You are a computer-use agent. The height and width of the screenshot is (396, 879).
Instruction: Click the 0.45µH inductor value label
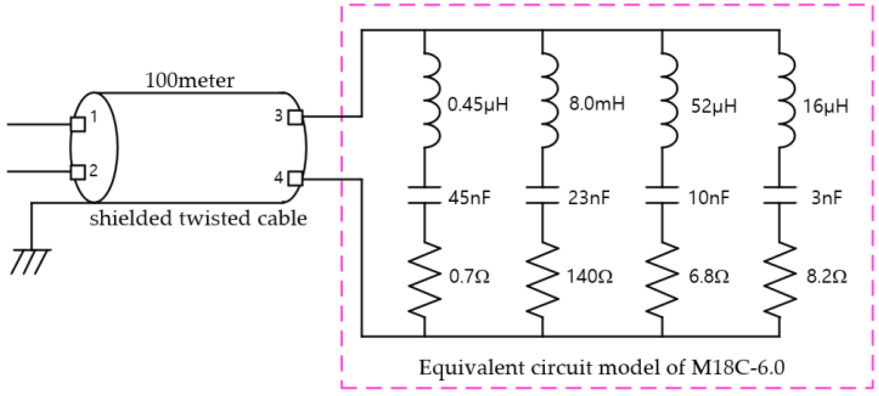477,105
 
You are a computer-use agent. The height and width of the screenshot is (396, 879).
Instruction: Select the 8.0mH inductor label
596,104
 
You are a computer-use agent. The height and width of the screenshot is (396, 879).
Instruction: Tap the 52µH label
713,106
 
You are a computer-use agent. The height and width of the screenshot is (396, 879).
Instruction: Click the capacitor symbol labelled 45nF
424,195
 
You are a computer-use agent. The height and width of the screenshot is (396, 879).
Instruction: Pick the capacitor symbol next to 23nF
543,195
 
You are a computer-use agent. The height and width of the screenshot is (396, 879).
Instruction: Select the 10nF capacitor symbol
662,195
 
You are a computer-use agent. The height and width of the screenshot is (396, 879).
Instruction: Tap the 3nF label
826,198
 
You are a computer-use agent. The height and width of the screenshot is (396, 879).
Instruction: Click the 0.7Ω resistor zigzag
424,279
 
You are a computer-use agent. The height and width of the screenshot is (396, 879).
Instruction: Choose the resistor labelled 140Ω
543,279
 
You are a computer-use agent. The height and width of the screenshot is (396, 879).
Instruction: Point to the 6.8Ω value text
709,277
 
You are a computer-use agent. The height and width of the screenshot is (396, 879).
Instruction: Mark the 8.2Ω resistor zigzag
780,279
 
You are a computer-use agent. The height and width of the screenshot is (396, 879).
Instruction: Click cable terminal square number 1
78,124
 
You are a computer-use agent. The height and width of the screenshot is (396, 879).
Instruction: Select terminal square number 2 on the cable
78,172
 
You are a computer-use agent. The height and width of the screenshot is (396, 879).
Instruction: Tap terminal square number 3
295,117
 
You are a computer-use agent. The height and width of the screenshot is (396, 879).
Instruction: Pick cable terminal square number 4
295,178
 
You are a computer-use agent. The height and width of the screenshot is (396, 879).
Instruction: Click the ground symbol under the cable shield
31,261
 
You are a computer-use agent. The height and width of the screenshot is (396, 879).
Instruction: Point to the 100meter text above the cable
189,80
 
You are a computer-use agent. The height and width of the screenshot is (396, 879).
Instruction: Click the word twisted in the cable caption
214,219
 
